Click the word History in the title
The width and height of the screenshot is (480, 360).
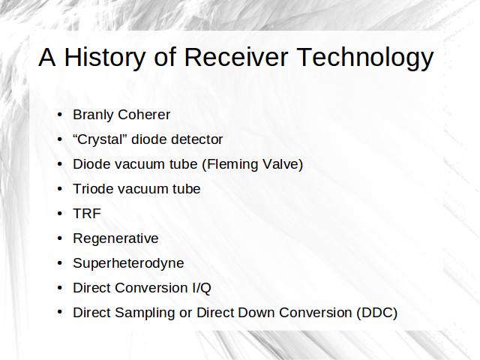[105, 57]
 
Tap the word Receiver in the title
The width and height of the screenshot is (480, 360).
[236, 57]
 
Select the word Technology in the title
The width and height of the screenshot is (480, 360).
[365, 58]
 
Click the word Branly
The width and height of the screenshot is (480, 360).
[93, 115]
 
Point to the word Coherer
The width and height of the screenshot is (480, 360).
[144, 115]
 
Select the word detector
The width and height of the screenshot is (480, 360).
[196, 139]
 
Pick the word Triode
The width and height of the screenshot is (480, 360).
[93, 189]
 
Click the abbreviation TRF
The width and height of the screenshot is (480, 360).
[87, 214]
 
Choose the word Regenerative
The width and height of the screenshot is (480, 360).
[115, 238]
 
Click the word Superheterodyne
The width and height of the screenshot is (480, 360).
[128, 263]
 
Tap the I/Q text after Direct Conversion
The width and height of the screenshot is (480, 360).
[202, 288]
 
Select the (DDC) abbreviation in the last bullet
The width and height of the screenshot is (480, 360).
[376, 313]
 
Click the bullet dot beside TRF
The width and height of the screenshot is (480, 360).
[60, 213]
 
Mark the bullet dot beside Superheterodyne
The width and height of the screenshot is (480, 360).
[60, 263]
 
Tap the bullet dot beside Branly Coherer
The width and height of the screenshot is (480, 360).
[60, 115]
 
